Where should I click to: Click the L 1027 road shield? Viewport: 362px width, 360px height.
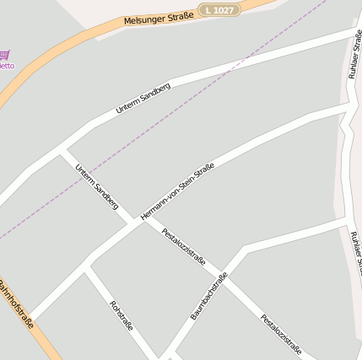[x=219, y=9]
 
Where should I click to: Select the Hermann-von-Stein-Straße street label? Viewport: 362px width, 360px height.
[x=177, y=191]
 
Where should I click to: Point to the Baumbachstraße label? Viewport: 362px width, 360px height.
[x=208, y=296]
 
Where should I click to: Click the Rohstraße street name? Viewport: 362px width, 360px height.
[x=122, y=315]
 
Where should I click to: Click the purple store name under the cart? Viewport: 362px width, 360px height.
[x=6, y=66]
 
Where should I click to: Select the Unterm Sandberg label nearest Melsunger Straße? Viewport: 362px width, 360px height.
[x=143, y=98]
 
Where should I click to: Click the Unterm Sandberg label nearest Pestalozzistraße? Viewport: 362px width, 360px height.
[x=96, y=186]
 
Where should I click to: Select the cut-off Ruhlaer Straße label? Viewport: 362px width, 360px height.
[x=356, y=253]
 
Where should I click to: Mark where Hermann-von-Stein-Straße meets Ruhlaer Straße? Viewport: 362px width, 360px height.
[x=348, y=107]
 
